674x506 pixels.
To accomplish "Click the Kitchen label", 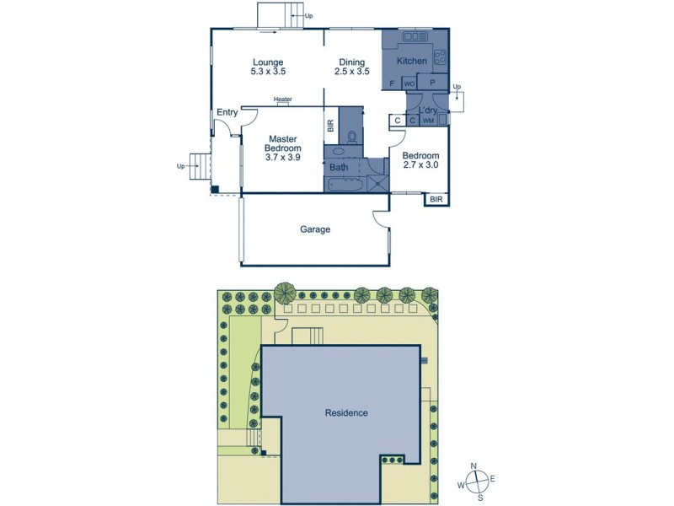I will tap(412, 62).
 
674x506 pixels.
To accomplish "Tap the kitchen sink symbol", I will tap(416, 36).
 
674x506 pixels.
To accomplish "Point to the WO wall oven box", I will tap(409, 83).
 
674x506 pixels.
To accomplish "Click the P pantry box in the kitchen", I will tap(431, 83).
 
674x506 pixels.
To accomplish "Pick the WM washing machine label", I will tap(428, 121).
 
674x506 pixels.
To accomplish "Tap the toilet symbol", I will tap(352, 134).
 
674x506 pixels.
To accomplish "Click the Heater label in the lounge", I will tap(283, 99).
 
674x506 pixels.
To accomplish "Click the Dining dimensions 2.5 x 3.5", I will tap(353, 73).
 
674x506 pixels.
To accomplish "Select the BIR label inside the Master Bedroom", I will tap(330, 126).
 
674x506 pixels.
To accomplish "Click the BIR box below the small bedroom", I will tap(436, 200).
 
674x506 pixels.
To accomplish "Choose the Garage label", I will tap(315, 229).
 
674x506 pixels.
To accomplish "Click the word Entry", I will tap(227, 112).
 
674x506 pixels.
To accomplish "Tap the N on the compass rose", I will tap(474, 466).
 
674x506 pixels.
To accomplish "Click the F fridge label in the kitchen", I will tap(393, 83).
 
